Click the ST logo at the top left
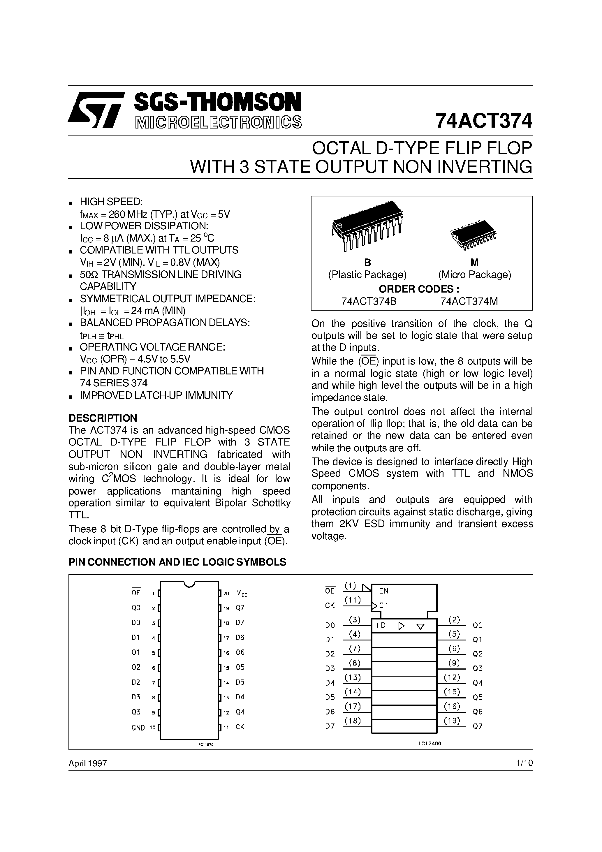point(95,110)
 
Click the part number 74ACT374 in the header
point(484,121)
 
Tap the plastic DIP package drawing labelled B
point(367,226)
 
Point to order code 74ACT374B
point(369,301)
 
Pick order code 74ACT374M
point(469,301)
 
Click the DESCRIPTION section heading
point(103,418)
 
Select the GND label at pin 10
point(138,728)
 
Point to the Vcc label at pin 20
point(242,594)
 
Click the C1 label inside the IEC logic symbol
point(384,605)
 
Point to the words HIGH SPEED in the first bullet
point(111,202)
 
